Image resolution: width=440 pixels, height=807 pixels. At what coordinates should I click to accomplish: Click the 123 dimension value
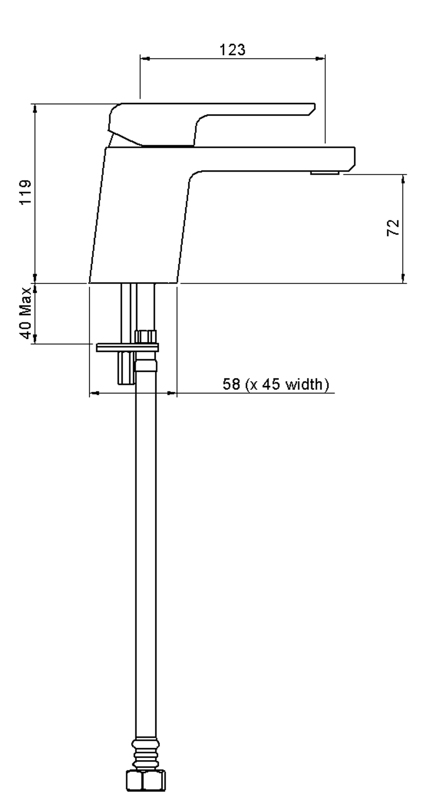click(x=233, y=50)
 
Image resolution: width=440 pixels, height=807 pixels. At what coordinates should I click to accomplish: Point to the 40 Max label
click(x=26, y=313)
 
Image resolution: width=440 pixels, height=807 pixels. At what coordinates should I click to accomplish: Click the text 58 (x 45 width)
click(x=276, y=384)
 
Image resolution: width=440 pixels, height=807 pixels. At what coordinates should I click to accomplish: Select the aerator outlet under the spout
click(x=324, y=173)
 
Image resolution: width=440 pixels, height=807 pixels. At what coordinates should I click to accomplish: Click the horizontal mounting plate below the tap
click(x=127, y=348)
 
